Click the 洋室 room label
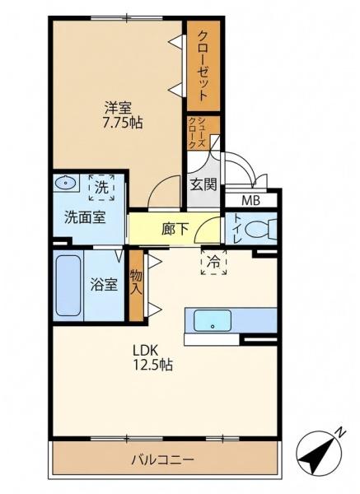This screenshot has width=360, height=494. [118, 108]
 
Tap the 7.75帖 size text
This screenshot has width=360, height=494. [122, 123]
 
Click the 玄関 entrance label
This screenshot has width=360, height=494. [203, 184]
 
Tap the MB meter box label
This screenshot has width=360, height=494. [250, 200]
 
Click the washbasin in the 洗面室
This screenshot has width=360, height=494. [66, 182]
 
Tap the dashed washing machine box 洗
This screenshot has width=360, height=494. [101, 188]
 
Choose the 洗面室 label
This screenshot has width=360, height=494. [85, 217]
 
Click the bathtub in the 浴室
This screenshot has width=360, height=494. [68, 286]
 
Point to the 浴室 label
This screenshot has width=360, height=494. [104, 285]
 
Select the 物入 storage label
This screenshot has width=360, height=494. [136, 283]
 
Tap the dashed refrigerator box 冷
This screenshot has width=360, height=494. [213, 262]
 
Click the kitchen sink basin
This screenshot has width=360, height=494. [213, 320]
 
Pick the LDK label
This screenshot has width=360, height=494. [145, 350]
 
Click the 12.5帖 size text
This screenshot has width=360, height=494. [152, 365]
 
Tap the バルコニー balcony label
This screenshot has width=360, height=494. [162, 460]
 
